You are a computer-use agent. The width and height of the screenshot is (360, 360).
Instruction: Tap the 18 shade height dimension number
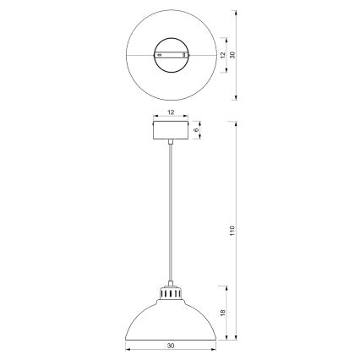click(221, 312)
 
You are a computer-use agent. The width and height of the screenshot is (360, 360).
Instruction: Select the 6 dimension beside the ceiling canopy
click(197, 130)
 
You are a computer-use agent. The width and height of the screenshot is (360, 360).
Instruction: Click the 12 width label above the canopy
click(172, 112)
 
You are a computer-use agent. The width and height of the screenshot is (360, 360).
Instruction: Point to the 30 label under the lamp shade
click(172, 346)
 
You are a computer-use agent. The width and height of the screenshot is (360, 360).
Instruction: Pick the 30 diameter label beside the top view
click(234, 54)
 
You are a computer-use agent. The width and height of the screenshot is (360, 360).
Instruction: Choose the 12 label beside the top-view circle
click(221, 54)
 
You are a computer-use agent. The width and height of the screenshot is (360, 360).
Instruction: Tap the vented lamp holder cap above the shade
click(172, 296)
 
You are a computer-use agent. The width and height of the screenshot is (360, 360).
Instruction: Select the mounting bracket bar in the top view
click(172, 54)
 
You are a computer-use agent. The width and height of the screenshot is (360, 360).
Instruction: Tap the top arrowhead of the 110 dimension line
click(234, 123)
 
